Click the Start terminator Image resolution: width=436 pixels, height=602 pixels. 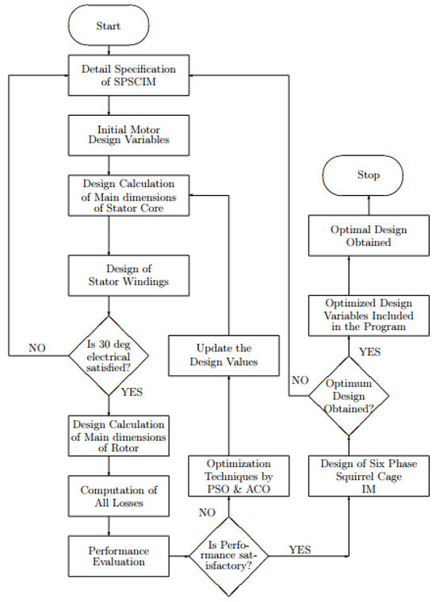click(109, 26)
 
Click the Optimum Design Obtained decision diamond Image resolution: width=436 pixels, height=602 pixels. click(350, 395)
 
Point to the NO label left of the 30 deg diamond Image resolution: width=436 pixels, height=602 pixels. click(37, 347)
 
